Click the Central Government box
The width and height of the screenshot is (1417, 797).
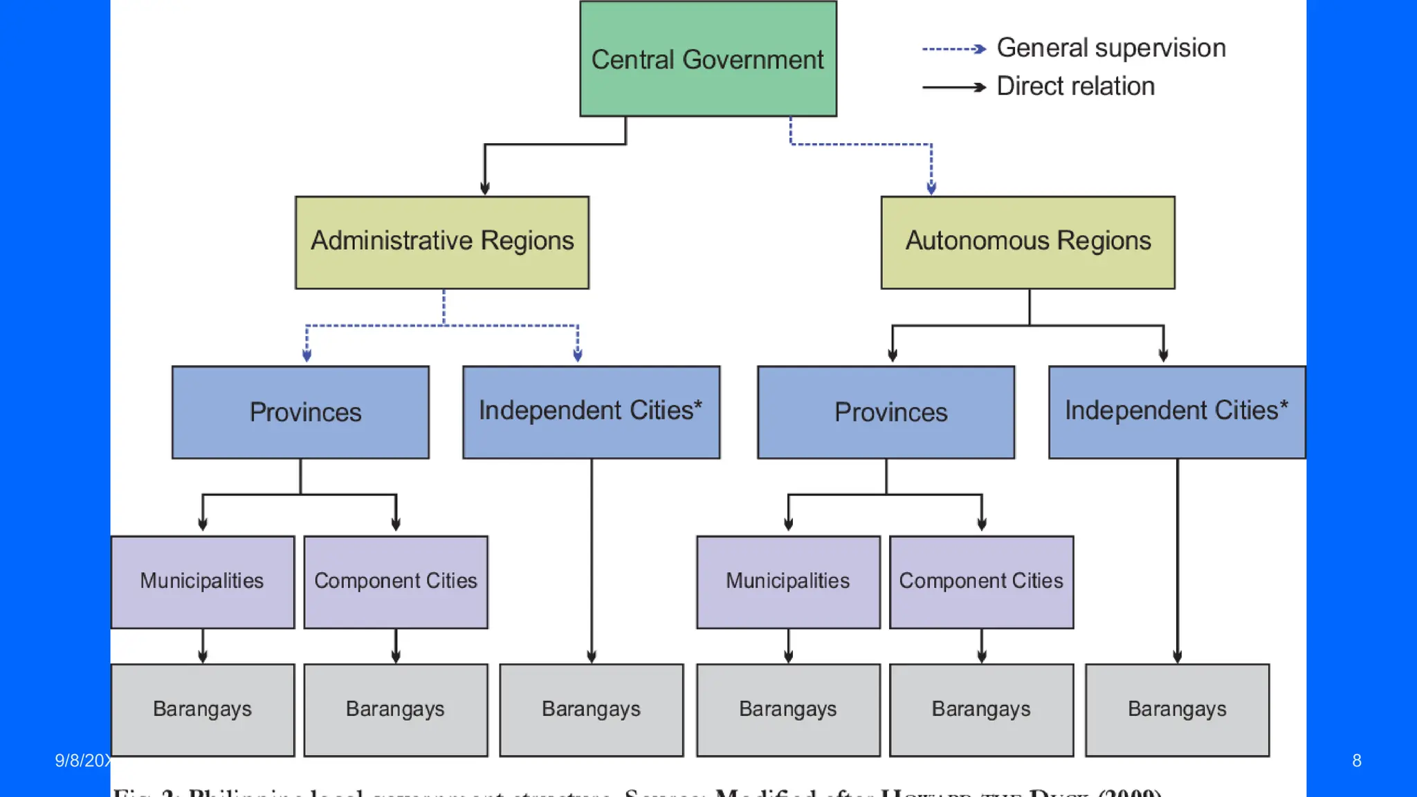pyautogui.click(x=708, y=59)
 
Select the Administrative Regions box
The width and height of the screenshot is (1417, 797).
pyautogui.click(x=442, y=242)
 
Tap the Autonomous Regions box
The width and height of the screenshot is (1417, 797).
pyautogui.click(x=1027, y=242)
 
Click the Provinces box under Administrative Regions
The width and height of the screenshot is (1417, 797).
pyautogui.click(x=300, y=412)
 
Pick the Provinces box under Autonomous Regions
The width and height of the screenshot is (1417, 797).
pyautogui.click(x=886, y=412)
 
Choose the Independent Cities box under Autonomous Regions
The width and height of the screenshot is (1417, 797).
pyautogui.click(x=1176, y=412)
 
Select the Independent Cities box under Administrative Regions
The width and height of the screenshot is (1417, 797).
pyautogui.click(x=591, y=412)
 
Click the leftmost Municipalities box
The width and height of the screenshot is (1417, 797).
pyautogui.click(x=202, y=582)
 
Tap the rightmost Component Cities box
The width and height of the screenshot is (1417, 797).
pyautogui.click(x=981, y=582)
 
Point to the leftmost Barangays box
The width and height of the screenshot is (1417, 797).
pyautogui.click(x=202, y=710)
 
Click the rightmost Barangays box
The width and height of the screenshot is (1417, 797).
pyautogui.click(x=1177, y=710)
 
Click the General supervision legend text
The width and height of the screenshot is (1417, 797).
pyautogui.click(x=1110, y=48)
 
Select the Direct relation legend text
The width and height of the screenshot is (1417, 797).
pyautogui.click(x=1075, y=86)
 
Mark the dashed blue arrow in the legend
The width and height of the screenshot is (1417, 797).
pyautogui.click(x=953, y=49)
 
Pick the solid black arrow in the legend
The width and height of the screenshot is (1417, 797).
pyautogui.click(x=953, y=87)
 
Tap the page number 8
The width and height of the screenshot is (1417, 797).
pyautogui.click(x=1356, y=761)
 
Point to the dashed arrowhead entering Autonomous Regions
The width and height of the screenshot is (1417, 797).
pyautogui.click(x=931, y=187)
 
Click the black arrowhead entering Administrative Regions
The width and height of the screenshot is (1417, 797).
pyautogui.click(x=485, y=187)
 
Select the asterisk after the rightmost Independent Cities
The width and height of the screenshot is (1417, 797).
pyautogui.click(x=1284, y=403)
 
